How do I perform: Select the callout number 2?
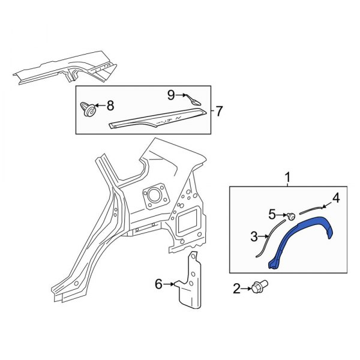pyautogui.click(x=236, y=290)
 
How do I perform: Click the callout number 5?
pyautogui.click(x=272, y=214)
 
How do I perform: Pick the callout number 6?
pyautogui.click(x=158, y=284)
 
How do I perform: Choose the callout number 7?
pyautogui.click(x=219, y=111)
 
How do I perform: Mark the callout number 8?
pyautogui.click(x=110, y=106)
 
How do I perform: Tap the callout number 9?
pyautogui.click(x=171, y=95)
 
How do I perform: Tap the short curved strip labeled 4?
pyautogui.click(x=313, y=207)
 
